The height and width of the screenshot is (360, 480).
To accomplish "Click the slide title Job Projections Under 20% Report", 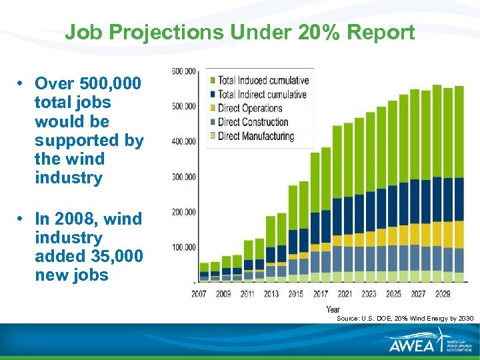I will (240, 32).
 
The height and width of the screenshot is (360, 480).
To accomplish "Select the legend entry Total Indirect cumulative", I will (262, 95).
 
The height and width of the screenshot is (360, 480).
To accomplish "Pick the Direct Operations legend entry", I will (250, 109).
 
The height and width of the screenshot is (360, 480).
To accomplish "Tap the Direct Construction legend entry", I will (253, 122).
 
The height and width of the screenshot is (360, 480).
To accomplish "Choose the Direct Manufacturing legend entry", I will (255, 136).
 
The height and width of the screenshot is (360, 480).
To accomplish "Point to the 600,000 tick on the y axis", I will (184, 71).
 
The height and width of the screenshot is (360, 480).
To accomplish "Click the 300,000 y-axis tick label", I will (184, 177).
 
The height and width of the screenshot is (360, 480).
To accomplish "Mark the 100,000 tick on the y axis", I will (184, 247).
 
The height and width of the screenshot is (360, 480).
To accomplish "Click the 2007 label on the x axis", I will (199, 293).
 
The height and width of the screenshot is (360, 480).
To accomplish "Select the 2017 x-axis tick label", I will (321, 293).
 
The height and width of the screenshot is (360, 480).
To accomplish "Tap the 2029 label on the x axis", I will (442, 293).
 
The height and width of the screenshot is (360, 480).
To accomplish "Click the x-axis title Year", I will (333, 309).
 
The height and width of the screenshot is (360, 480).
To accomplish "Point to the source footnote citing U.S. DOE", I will (405, 319).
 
